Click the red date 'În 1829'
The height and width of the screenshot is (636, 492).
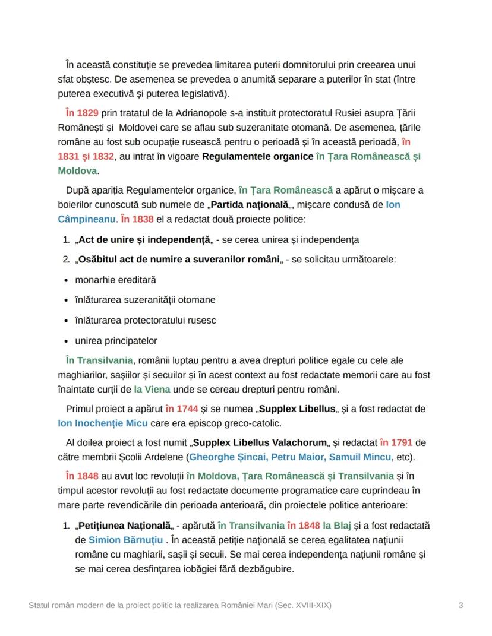pyautogui.click(x=82, y=113)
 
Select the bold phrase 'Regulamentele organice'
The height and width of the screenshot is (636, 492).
pyautogui.click(x=257, y=156)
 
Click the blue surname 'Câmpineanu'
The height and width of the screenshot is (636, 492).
pyautogui.click(x=86, y=219)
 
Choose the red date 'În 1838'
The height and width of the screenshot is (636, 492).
pyautogui.click(x=137, y=219)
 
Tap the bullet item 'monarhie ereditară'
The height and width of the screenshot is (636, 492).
pyautogui.click(x=115, y=280)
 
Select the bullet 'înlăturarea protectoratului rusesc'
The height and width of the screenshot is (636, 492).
pyautogui.click(x=145, y=321)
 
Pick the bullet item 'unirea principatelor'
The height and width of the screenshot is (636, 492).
pyautogui.click(x=116, y=341)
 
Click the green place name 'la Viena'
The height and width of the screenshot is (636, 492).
pyautogui.click(x=152, y=390)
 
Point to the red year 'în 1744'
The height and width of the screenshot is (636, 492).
pyautogui.click(x=181, y=409)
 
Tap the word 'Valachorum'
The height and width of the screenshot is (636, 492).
pyautogui.click(x=297, y=443)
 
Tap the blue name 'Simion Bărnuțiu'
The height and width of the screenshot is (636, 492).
pyautogui.click(x=125, y=540)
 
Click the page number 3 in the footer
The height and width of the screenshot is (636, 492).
pyautogui.click(x=461, y=606)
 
